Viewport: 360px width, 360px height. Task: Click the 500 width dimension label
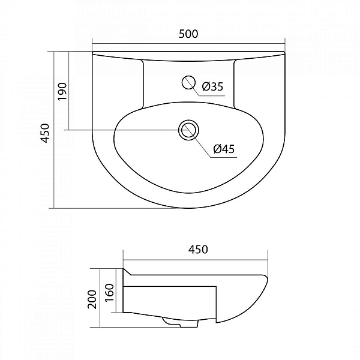(x=188, y=34)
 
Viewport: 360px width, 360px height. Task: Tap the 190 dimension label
(x=62, y=91)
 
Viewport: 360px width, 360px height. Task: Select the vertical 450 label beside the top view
(x=45, y=133)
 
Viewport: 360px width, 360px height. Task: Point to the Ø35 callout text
(x=212, y=86)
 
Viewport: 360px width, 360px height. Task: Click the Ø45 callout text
(x=224, y=149)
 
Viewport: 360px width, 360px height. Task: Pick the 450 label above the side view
(x=198, y=250)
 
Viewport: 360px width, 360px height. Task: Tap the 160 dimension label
(x=110, y=293)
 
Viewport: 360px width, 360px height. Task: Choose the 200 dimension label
(x=92, y=299)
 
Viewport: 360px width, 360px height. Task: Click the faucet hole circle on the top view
(x=188, y=82)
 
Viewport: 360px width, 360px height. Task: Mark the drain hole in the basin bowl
(x=188, y=130)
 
